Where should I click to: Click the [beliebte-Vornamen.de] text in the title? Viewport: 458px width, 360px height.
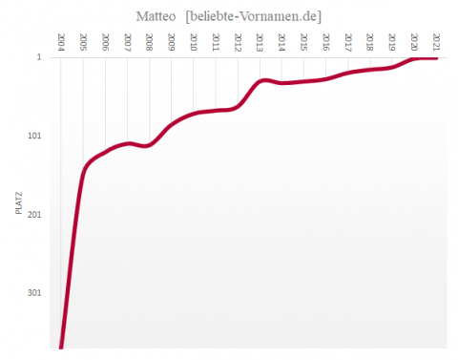[253, 15]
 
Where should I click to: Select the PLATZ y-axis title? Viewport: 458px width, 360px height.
[19, 203]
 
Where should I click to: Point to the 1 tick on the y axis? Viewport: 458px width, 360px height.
[39, 58]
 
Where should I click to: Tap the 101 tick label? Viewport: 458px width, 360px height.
[34, 137]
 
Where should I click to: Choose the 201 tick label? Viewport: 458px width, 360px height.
[34, 215]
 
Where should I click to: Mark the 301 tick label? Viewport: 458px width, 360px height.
[34, 293]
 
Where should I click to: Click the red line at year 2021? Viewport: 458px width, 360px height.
[436, 58]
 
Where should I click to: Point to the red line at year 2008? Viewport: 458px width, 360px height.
[149, 145]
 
